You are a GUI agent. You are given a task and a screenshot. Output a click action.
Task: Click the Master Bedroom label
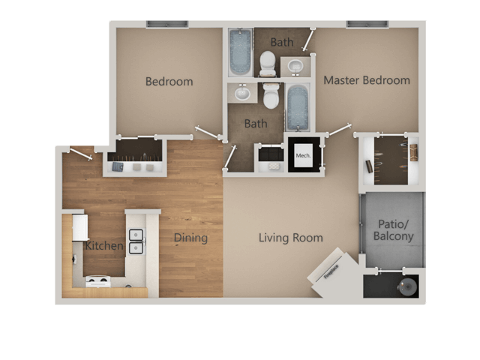[x=366, y=80]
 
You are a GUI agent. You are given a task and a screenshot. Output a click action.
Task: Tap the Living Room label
[x=290, y=238]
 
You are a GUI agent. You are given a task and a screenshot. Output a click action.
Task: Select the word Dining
[x=190, y=238]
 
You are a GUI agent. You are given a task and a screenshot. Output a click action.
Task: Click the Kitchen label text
[x=103, y=246]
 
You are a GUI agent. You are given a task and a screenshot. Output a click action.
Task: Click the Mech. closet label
[x=303, y=156]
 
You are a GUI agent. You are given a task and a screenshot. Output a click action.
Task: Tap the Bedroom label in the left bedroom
[x=169, y=81]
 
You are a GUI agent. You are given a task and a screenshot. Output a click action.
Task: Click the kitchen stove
[x=97, y=281]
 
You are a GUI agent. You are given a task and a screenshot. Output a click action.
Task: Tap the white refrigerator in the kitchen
[x=80, y=228]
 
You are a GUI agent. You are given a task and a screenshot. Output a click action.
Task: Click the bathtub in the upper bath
[x=240, y=52]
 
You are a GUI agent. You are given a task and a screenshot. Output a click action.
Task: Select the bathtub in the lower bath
[x=298, y=107]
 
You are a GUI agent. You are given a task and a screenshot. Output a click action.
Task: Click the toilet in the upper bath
[x=268, y=64]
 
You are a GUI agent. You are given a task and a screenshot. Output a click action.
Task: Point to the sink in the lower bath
[x=242, y=94]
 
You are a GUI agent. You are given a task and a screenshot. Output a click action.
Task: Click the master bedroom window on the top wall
[x=366, y=24]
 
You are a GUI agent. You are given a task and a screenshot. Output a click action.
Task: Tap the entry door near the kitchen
[x=79, y=153]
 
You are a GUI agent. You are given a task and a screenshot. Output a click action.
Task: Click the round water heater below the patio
[x=408, y=286]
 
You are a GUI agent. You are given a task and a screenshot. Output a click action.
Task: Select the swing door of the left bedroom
[x=205, y=133]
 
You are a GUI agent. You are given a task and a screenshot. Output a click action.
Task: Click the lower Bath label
[x=255, y=123]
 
